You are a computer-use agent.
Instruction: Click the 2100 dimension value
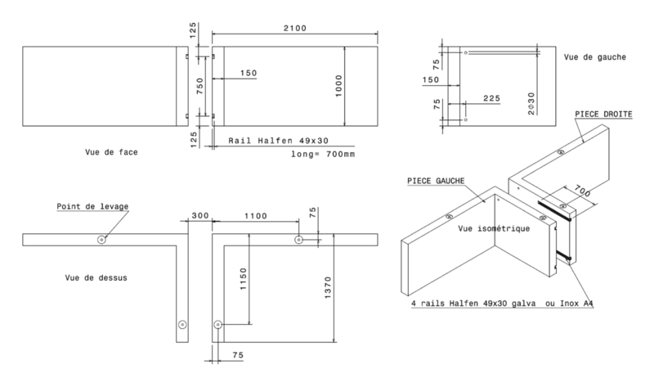point(295,29)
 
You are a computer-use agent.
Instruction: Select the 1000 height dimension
point(338,86)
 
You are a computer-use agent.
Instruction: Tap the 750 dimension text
point(200,86)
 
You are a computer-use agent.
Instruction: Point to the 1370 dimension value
point(328,287)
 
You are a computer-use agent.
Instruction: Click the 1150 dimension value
point(244,279)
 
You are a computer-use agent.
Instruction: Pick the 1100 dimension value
point(256,216)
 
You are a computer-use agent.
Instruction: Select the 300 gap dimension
point(200,216)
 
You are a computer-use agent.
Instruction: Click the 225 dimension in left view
point(492,98)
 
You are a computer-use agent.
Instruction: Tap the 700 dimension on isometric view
point(582,191)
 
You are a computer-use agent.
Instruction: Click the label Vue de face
point(111,152)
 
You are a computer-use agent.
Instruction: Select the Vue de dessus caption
point(96,278)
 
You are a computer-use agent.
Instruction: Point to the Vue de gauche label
point(595,57)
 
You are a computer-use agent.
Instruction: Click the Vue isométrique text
point(494,228)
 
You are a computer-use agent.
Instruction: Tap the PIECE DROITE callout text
point(603,115)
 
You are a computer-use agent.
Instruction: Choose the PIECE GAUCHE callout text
point(436,181)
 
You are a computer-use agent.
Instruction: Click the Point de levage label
point(92,206)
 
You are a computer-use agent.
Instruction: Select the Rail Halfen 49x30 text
point(278,141)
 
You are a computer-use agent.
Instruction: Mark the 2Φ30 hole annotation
point(531,103)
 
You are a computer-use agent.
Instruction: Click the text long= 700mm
point(323,155)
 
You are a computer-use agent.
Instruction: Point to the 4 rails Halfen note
point(502,304)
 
